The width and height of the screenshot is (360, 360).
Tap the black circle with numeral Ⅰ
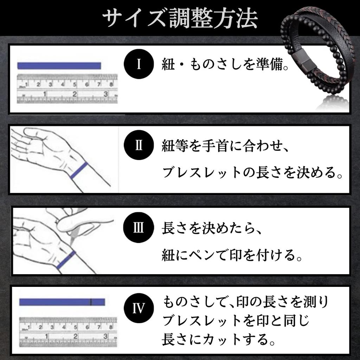tap(139, 64)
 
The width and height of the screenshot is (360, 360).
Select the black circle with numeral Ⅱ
tap(139, 145)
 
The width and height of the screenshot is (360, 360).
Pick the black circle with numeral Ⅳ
tap(139, 308)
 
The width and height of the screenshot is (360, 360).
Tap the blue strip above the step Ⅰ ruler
tap(59, 66)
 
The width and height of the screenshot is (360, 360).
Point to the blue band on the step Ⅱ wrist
tap(79, 171)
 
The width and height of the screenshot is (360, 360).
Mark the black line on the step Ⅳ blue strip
tap(91, 302)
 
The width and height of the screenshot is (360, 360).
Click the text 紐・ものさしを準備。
tap(225, 65)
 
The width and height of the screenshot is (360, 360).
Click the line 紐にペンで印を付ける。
tap(232, 255)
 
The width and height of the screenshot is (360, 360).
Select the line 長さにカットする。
tap(219, 340)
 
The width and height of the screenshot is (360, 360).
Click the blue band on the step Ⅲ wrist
tap(66, 260)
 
